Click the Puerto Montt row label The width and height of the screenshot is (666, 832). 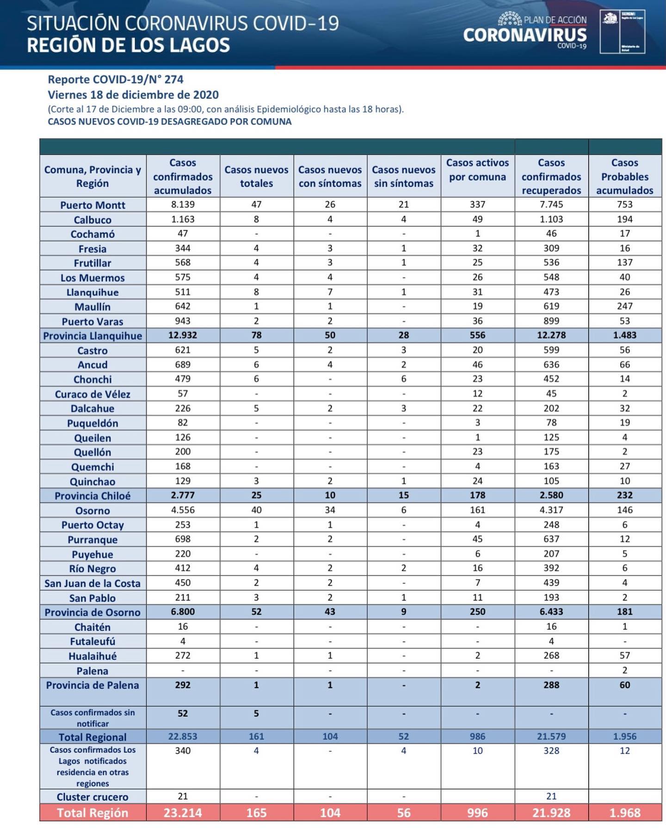92,205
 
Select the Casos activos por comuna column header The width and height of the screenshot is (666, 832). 477,170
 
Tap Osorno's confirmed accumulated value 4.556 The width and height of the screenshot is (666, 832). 183,510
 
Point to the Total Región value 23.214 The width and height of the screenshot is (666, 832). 183,813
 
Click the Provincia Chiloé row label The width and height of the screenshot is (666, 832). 92,496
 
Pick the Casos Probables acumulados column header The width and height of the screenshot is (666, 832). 624,176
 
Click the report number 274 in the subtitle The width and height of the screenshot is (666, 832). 173,80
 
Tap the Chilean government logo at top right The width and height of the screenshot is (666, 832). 622,31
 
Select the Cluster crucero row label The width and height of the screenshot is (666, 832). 92,796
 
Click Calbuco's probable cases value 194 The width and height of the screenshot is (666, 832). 624,219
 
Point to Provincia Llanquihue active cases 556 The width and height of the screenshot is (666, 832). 477,335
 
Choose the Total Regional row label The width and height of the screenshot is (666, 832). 92,737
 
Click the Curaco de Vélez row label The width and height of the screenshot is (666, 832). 92,394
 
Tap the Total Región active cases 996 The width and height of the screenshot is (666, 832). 477,813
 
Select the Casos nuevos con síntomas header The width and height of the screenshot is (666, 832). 330,176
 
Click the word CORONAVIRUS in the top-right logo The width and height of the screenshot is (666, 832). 524,35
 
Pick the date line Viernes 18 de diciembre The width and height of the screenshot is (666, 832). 133,95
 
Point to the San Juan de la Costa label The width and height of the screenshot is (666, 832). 92,583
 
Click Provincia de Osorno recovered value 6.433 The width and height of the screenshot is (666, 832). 551,612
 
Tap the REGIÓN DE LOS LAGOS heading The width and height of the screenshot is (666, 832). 128,45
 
